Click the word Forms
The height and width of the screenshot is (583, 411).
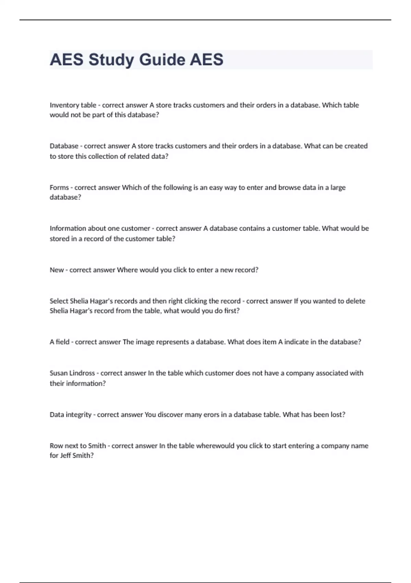click(59, 188)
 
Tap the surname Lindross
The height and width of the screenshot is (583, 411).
click(82, 373)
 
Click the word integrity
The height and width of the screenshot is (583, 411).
click(78, 415)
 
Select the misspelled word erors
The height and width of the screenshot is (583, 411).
click(211, 415)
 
